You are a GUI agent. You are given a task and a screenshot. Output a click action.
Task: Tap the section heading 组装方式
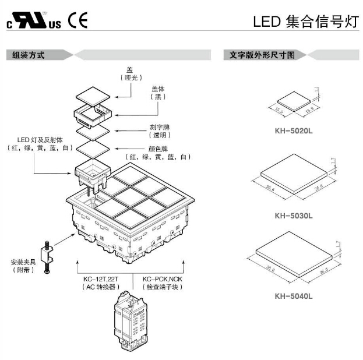(x=26, y=55)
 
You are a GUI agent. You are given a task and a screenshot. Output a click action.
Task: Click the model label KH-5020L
(x=293, y=131)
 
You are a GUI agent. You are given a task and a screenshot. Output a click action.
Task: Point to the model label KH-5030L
(x=293, y=216)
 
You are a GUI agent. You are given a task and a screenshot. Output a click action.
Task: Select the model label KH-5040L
(x=293, y=295)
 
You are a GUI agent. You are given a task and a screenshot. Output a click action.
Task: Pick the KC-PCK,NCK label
(x=162, y=279)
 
